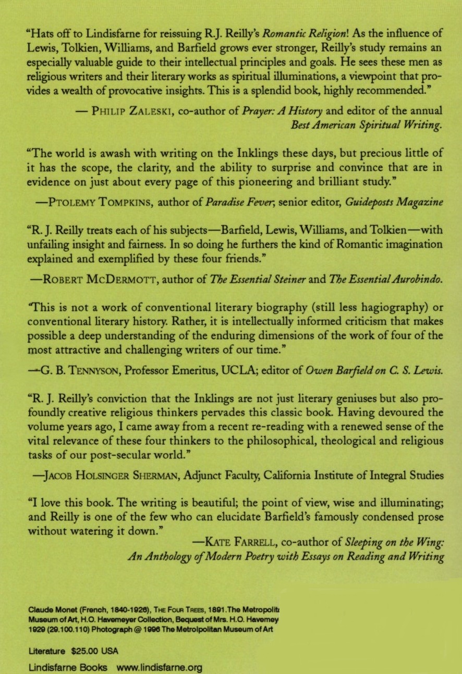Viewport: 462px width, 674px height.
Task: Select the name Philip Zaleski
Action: [121, 110]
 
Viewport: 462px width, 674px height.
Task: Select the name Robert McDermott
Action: [95, 280]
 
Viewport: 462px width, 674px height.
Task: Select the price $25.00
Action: [88, 651]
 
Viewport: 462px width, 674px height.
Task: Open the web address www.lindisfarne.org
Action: [159, 667]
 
